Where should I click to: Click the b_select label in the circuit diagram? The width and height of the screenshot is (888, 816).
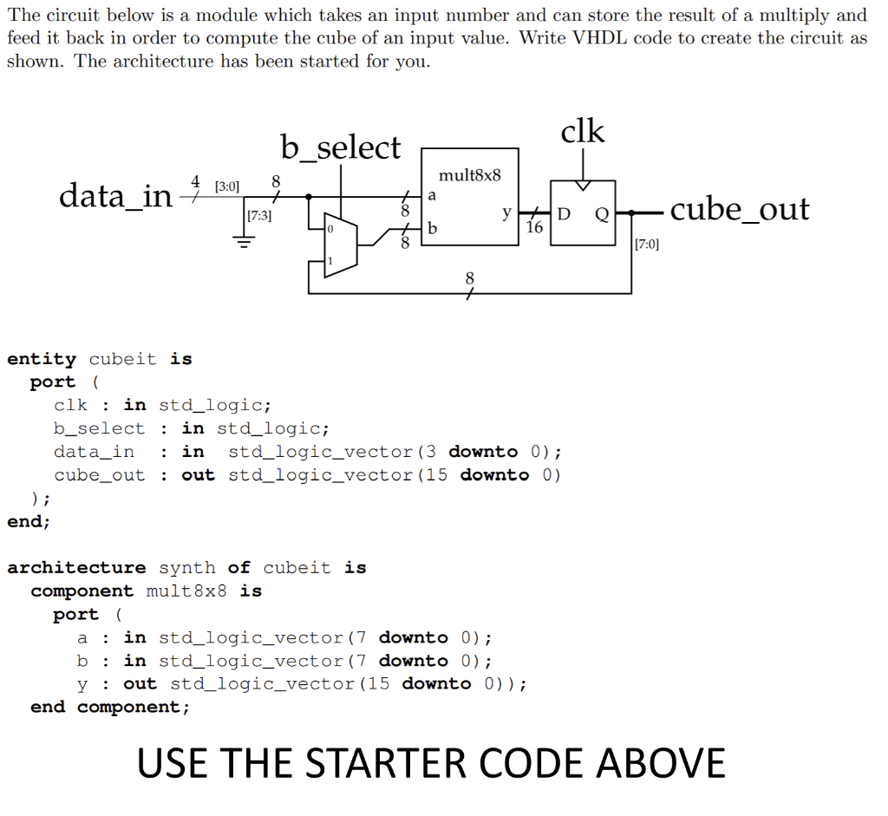(x=341, y=147)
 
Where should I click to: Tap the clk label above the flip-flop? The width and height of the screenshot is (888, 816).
(x=583, y=132)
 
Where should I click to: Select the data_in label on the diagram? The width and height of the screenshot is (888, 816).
(x=115, y=196)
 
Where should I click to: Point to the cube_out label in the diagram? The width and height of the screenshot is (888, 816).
(x=740, y=209)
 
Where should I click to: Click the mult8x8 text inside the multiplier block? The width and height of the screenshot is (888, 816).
(x=470, y=175)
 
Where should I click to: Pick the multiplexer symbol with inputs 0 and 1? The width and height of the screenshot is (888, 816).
(x=334, y=245)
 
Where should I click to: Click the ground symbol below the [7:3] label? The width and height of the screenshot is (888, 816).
(x=244, y=244)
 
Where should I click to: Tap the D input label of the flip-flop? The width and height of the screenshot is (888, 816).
(x=564, y=214)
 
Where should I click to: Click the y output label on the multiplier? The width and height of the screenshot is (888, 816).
(x=506, y=212)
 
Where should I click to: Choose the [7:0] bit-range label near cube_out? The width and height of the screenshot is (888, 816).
(x=647, y=244)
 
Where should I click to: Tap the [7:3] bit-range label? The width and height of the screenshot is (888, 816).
(x=259, y=216)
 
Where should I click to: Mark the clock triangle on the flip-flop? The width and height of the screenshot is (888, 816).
(x=583, y=186)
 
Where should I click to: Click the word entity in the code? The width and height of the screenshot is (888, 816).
(x=42, y=359)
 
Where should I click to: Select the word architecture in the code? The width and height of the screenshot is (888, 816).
(x=76, y=568)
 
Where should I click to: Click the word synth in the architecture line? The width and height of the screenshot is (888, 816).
(x=187, y=568)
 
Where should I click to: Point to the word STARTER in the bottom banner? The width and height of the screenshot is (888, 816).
(x=381, y=763)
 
